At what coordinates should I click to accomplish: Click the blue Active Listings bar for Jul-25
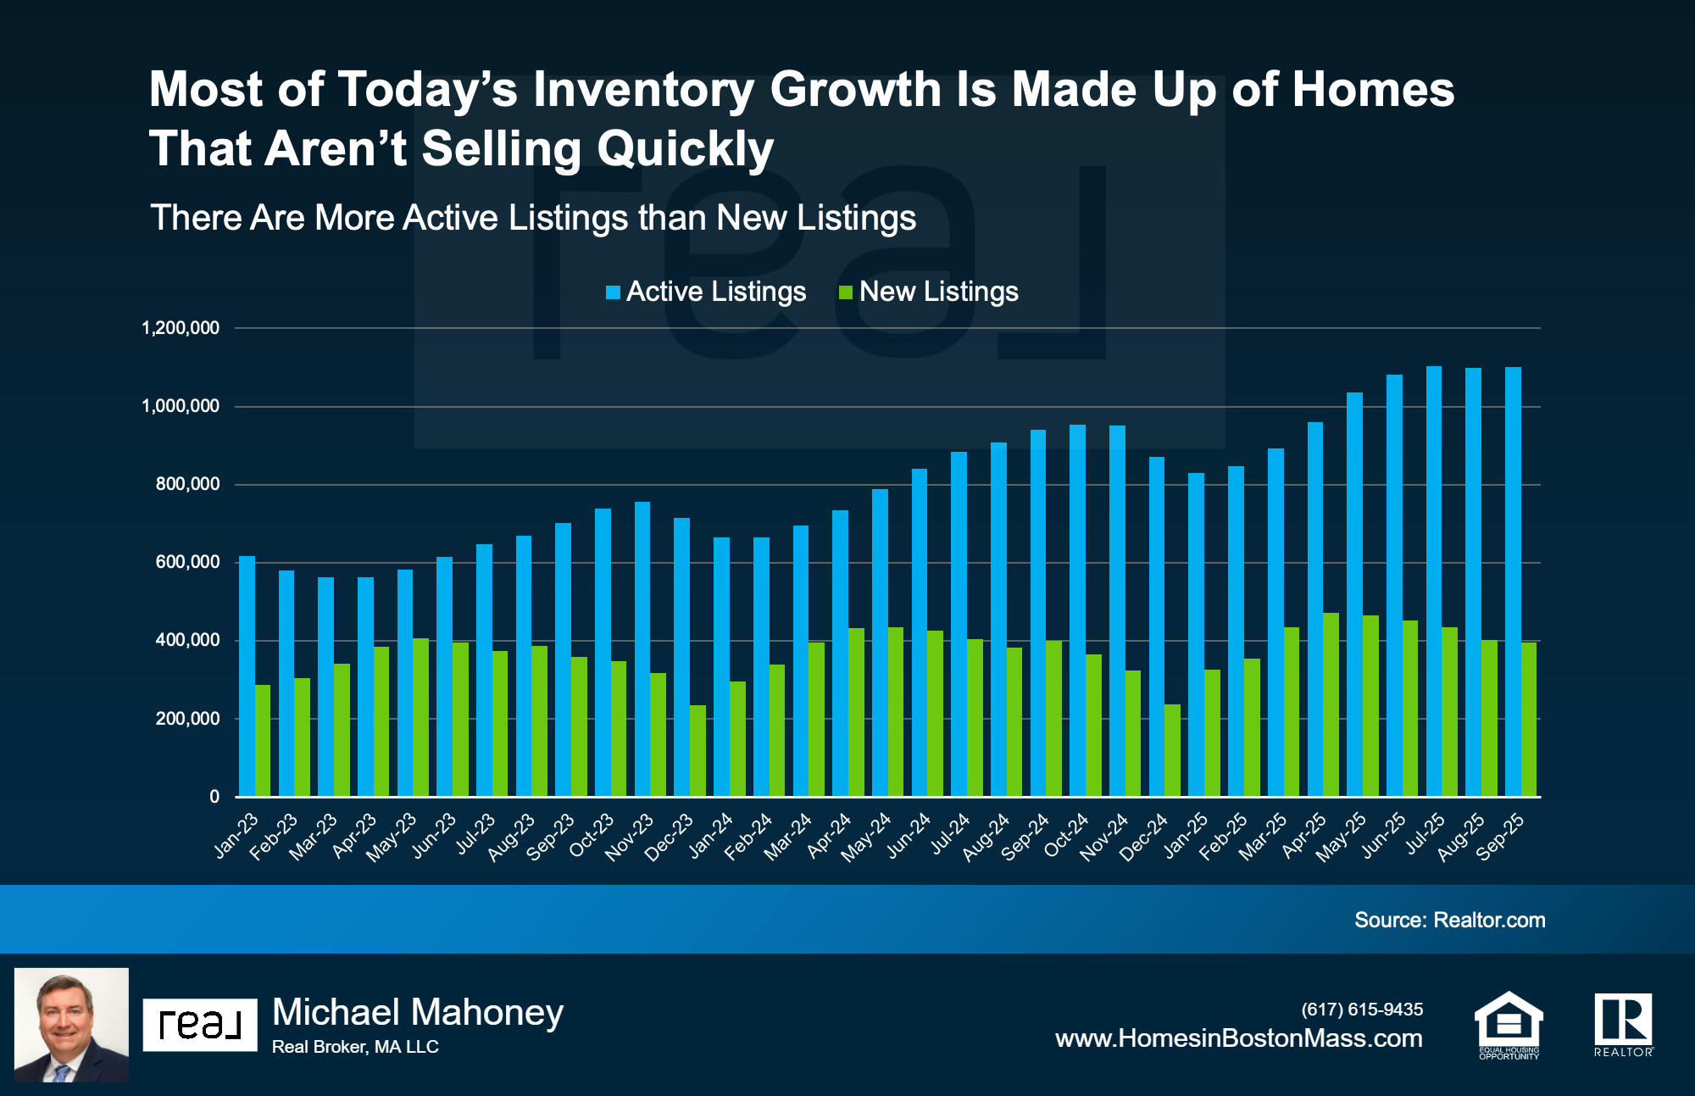click(1433, 585)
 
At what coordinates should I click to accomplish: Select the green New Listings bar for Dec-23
click(697, 751)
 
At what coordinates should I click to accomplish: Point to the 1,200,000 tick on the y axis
click(181, 328)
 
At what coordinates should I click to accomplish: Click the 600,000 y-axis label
click(187, 562)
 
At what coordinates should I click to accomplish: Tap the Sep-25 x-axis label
click(1500, 837)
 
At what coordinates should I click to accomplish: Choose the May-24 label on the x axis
click(866, 837)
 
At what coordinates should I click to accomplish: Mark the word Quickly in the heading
click(685, 149)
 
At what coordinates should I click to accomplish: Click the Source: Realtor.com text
click(1449, 920)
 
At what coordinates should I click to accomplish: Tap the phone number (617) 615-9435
click(1362, 1009)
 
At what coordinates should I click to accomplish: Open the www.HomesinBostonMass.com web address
click(1238, 1038)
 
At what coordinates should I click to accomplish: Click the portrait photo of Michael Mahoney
click(71, 1024)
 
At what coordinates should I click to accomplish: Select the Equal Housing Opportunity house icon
click(1509, 1024)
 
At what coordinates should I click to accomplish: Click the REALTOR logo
click(1623, 1024)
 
